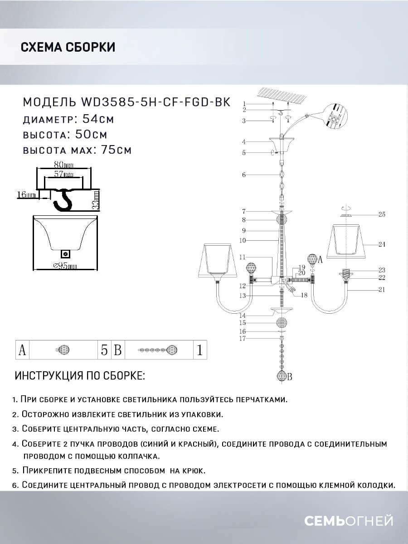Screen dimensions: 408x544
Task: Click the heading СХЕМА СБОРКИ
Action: [x=68, y=47]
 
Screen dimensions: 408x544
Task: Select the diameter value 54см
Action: [x=98, y=119]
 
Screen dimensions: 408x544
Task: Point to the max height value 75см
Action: [x=116, y=150]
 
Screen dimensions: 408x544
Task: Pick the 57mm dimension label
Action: [x=63, y=174]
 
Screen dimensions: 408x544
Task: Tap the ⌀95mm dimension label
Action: [x=65, y=266]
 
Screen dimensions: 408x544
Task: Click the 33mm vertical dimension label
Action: [x=96, y=200]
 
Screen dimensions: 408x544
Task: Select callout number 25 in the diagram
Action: [x=382, y=214]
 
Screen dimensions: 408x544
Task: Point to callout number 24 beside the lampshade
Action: [x=382, y=244]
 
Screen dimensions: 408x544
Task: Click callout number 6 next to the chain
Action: [x=244, y=175]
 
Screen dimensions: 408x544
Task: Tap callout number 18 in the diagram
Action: [x=304, y=295]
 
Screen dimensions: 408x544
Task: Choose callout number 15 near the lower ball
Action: [x=243, y=323]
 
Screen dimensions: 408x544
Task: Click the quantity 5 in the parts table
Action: [x=104, y=350]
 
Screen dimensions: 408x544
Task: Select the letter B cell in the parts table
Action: [x=118, y=350]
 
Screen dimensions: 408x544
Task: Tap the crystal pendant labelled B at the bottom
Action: [x=282, y=375]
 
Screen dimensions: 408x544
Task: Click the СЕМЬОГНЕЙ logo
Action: [x=349, y=521]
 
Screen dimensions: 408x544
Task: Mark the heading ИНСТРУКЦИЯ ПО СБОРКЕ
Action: [x=80, y=376]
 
